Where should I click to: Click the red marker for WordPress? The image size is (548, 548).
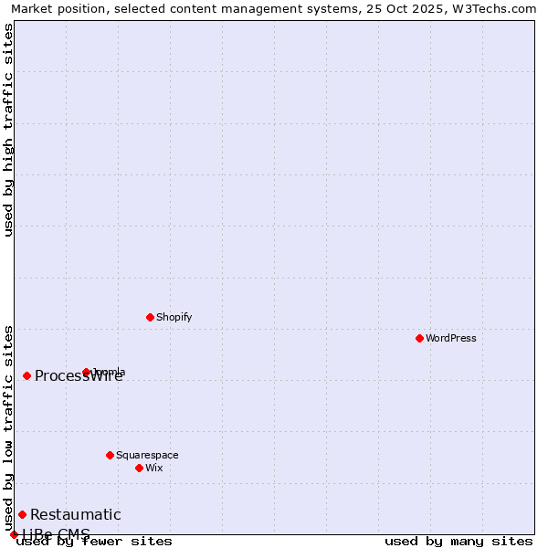click(419, 338)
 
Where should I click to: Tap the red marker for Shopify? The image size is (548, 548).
click(150, 317)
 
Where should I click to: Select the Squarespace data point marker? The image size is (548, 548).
click(110, 455)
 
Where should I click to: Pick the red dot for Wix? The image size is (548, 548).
click(139, 468)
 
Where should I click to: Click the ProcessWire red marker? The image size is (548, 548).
click(26, 375)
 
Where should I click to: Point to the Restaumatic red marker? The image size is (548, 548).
click(22, 514)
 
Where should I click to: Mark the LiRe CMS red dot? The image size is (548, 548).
click(14, 534)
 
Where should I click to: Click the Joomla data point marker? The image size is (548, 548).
click(86, 372)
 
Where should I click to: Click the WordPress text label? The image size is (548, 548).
click(451, 338)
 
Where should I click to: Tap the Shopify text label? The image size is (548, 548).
click(174, 317)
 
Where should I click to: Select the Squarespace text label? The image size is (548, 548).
click(147, 455)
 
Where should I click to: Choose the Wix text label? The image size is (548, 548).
click(154, 468)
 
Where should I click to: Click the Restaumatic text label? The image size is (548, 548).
click(75, 514)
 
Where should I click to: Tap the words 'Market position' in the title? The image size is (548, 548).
click(57, 8)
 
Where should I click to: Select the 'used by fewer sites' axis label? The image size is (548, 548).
click(94, 542)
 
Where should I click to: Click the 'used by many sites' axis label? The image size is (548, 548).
click(458, 542)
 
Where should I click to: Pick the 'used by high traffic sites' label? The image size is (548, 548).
click(8, 130)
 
